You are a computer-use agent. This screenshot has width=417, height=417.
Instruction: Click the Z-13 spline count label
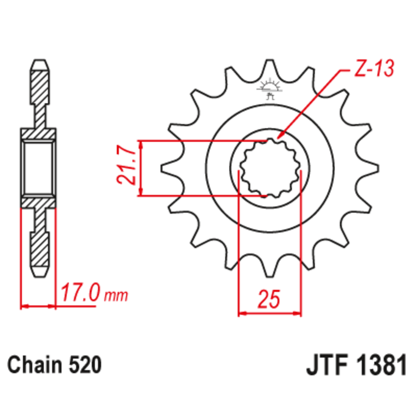click(x=372, y=70)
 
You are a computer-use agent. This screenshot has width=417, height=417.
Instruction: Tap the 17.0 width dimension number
click(x=81, y=293)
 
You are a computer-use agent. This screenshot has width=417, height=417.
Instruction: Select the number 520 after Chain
click(x=85, y=364)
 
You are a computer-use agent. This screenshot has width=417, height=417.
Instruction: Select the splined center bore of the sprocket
click(x=270, y=168)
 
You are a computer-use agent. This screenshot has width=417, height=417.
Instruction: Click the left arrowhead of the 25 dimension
click(x=241, y=314)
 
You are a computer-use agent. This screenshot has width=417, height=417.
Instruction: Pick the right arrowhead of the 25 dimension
click(x=299, y=314)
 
